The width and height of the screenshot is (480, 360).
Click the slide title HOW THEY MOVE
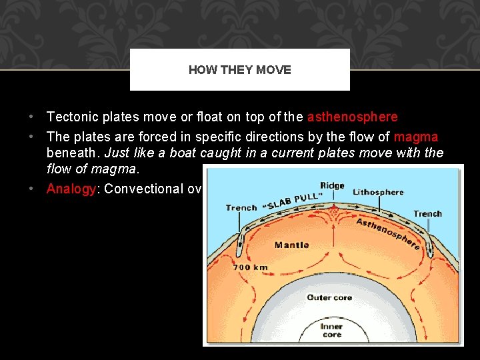(x=239, y=70)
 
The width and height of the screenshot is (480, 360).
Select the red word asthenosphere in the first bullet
(x=352, y=117)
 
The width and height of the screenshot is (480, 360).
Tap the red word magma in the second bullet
(x=416, y=137)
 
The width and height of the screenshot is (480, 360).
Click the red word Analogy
(x=71, y=189)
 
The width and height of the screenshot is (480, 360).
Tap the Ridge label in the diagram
(x=332, y=186)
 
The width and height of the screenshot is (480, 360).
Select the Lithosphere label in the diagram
(x=378, y=192)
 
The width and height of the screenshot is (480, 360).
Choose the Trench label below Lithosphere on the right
(x=427, y=213)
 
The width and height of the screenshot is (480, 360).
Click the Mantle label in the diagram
(x=291, y=245)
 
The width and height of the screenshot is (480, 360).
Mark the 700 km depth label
(x=250, y=267)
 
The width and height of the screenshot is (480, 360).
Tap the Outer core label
(x=329, y=297)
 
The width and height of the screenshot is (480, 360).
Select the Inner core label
(x=331, y=331)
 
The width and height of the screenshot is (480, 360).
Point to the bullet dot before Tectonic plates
(x=31, y=117)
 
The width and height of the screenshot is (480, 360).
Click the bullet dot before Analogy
(x=31, y=189)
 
